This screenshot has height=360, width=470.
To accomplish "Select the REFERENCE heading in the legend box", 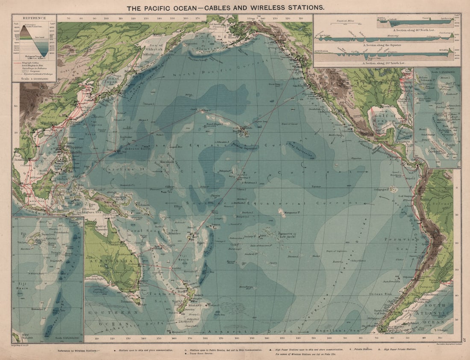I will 34,18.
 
